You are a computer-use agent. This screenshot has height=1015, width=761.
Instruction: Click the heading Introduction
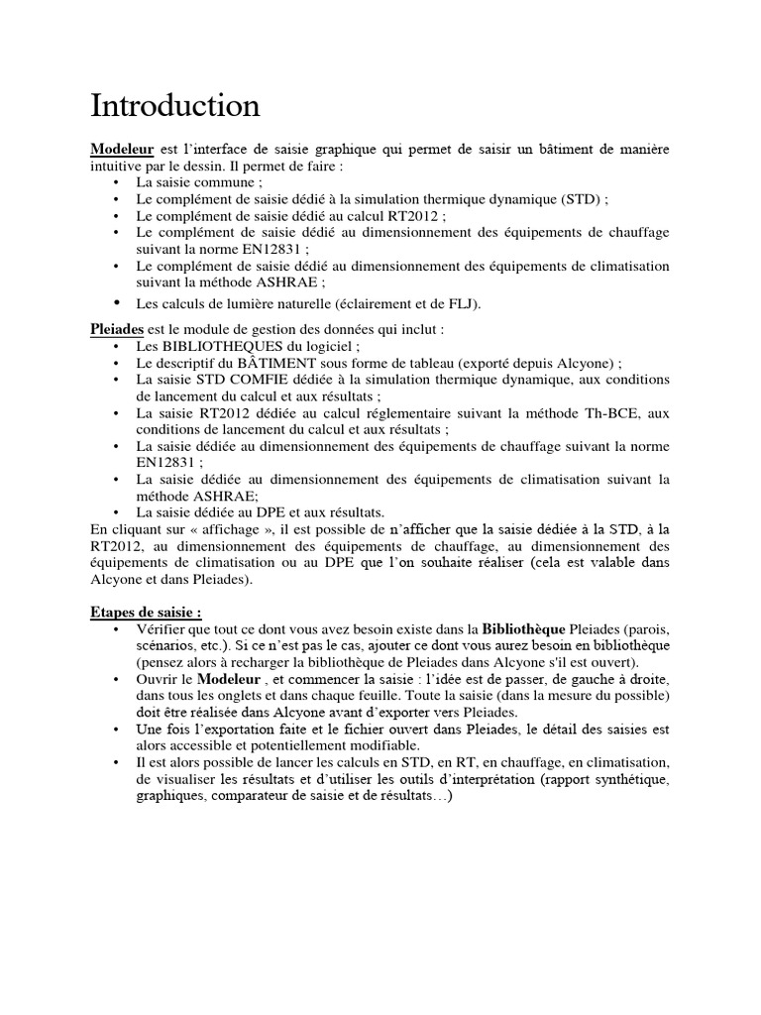pos(175,105)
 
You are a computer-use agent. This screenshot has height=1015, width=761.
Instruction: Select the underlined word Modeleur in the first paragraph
pos(122,149)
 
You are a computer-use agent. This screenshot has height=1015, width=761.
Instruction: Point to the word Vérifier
pos(163,629)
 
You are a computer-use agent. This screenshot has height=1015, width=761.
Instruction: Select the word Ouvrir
pos(159,679)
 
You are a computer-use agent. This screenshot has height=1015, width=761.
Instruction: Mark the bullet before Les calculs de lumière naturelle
pos(116,302)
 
